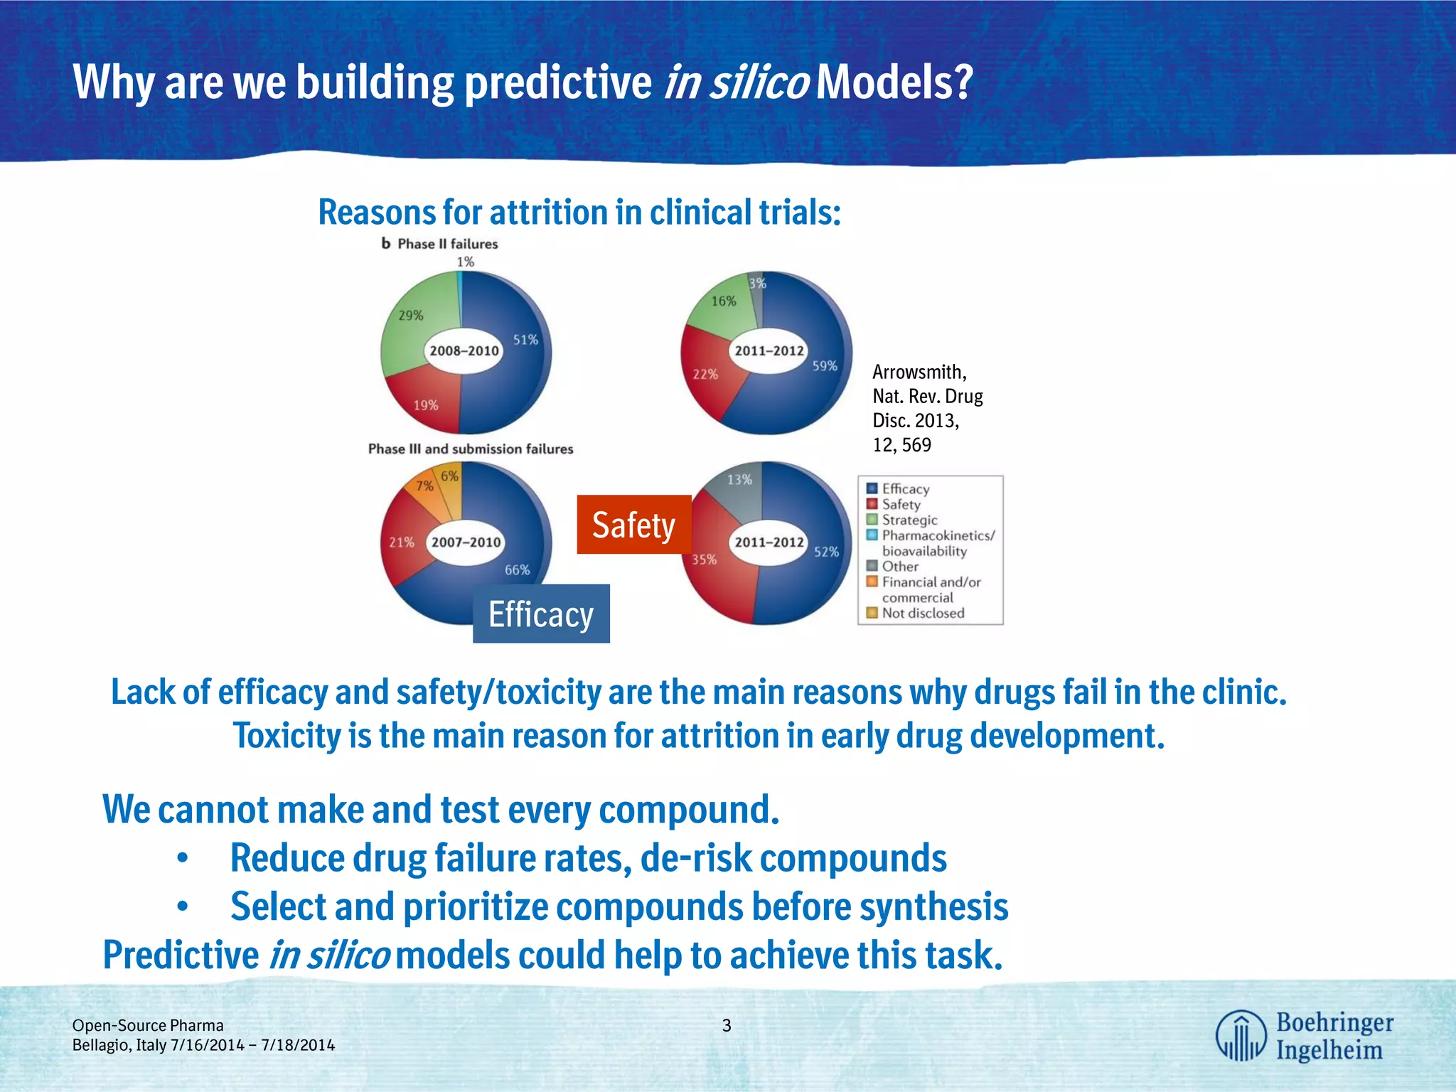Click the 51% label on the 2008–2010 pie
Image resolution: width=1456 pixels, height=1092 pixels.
coord(525,340)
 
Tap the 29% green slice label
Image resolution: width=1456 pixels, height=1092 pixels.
coord(411,315)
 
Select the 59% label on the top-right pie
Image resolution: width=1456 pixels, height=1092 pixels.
coord(825,365)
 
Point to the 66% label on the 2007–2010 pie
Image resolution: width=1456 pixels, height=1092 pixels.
coord(517,569)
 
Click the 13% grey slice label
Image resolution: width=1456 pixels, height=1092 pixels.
coord(739,479)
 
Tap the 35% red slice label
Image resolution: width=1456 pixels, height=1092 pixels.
coord(704,560)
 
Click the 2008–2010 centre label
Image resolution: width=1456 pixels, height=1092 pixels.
coord(464,350)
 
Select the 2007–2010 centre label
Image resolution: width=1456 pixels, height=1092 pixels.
coord(466,542)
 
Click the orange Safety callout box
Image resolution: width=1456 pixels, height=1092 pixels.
coord(633,525)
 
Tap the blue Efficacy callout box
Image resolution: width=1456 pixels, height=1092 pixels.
coord(541,614)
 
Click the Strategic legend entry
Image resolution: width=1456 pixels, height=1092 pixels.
coord(909,520)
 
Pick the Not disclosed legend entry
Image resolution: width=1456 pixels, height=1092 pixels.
coord(923,613)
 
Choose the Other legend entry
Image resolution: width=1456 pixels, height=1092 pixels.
coord(900,567)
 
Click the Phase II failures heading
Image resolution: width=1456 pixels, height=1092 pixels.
coord(446,244)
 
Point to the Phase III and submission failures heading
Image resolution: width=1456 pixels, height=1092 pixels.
coord(470,449)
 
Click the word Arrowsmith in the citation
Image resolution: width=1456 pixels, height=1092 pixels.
coord(919,372)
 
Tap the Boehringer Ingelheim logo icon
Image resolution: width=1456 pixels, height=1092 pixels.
coord(1240,1035)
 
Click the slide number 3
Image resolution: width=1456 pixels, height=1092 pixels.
coord(727,1025)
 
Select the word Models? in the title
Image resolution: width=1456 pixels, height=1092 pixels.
coord(894,82)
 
